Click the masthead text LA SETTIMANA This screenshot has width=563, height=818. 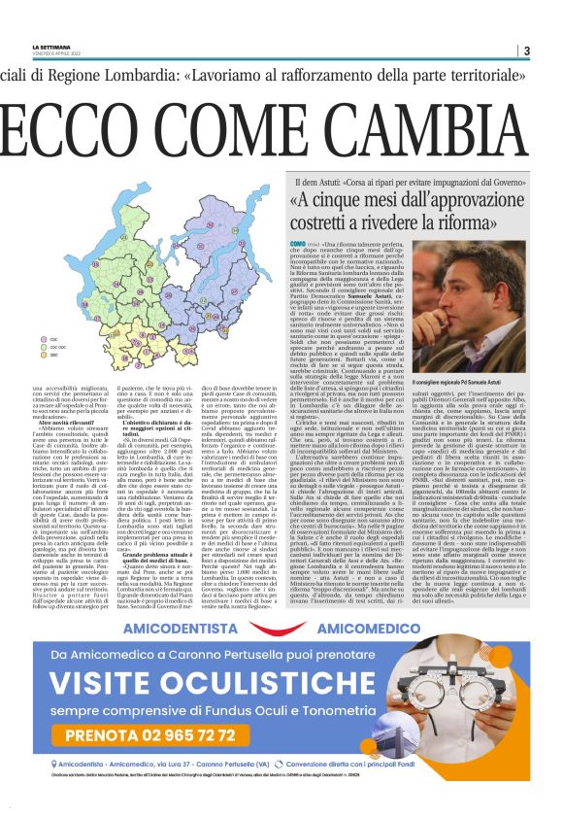click(51, 46)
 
